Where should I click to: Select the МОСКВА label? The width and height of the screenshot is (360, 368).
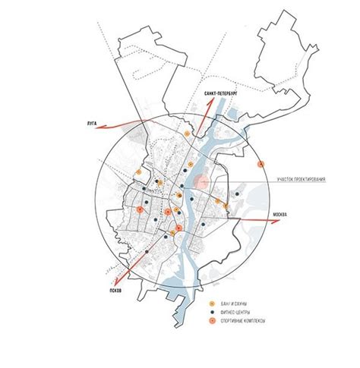[x=282, y=215]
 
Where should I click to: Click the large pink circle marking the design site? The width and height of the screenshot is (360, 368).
[x=202, y=181]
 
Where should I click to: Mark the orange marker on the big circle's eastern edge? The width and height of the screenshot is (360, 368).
[x=261, y=164]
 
